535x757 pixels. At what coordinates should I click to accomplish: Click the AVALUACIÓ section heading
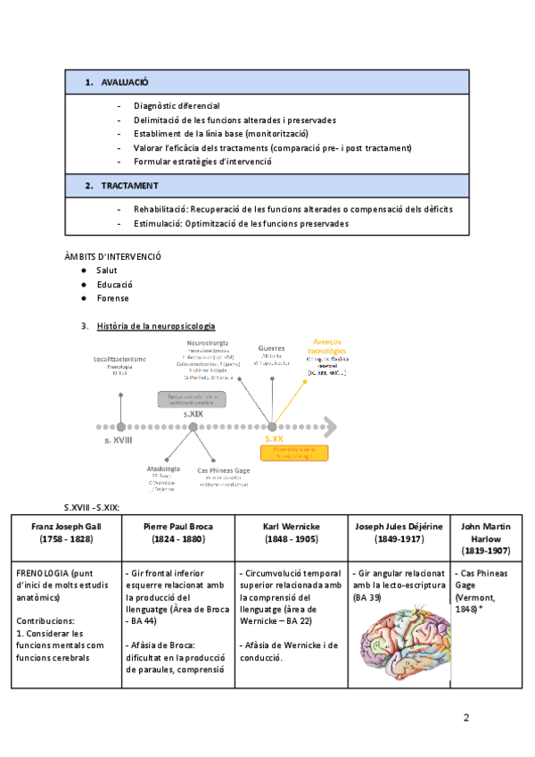coord(124,82)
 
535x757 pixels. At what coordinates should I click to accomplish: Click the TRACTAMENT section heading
coord(129,186)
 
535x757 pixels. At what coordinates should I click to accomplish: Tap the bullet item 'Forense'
coord(113,298)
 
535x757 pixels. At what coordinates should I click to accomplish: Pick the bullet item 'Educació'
coord(115,284)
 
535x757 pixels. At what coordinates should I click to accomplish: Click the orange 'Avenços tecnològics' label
coord(327,345)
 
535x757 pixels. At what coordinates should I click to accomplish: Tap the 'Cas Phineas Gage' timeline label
coord(223,470)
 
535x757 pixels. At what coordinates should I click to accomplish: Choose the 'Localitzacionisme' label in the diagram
coord(120,359)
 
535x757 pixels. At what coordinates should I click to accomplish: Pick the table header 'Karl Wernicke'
coord(292,526)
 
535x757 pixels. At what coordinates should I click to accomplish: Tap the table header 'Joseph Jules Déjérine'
coord(399,526)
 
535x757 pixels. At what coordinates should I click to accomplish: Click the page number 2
coord(465,717)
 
